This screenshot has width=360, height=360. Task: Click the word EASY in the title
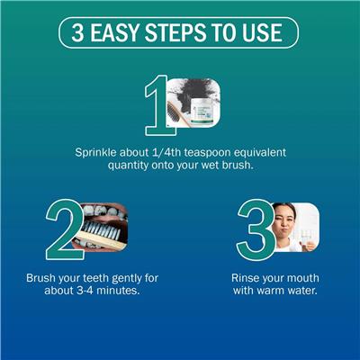(x=115, y=32)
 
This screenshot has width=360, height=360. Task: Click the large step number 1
(x=159, y=105)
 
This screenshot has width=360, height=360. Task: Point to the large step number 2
(x=65, y=230)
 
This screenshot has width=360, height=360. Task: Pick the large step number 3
(x=256, y=230)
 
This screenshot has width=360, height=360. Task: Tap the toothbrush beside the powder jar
(x=178, y=113)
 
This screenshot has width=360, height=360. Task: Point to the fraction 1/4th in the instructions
(x=165, y=152)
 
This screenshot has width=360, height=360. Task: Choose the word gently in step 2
(x=122, y=279)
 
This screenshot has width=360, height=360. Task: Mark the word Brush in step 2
(x=40, y=278)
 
